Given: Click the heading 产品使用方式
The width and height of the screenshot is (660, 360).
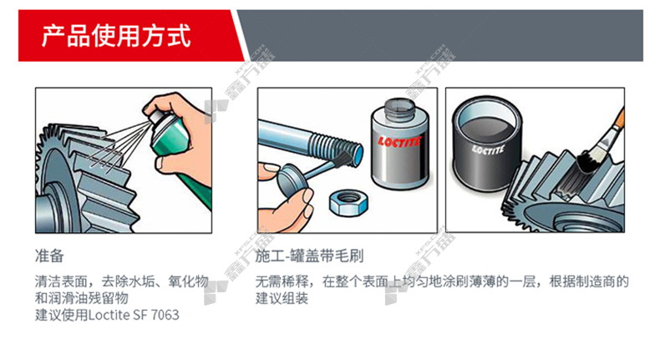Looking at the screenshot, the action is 116,36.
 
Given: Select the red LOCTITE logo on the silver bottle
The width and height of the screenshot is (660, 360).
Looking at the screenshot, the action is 399,141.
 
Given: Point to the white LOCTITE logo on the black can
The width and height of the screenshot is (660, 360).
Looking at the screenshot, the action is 487,150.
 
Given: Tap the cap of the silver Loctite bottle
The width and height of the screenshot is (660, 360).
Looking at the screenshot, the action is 399,108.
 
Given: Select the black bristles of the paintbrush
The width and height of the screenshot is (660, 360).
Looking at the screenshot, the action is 588,161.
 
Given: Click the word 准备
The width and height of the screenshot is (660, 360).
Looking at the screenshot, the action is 49,256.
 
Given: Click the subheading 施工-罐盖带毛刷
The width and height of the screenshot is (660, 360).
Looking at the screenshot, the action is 309,256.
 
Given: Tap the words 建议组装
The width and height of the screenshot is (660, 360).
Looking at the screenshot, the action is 282,298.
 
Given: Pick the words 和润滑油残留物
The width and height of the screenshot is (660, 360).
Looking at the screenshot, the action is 82,298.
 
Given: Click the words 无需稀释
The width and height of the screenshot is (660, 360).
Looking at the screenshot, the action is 282,281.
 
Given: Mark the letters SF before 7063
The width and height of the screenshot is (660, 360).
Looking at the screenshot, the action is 140,315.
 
